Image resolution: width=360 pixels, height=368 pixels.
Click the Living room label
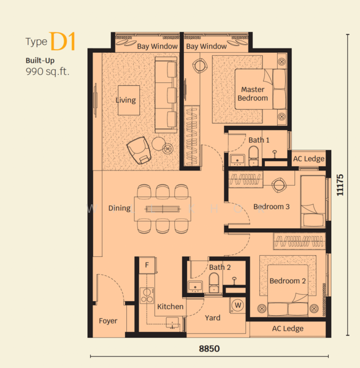pos(126,101)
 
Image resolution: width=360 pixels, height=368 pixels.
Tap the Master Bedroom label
pos(253,94)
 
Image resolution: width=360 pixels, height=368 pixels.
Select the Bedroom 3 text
pos(271,207)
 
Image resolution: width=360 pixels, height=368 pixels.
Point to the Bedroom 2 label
pos(287,282)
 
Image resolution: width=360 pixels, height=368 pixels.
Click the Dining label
pos(120,208)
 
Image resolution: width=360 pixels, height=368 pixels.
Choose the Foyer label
pos(108,321)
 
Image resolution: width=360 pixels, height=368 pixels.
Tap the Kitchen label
pos(170,307)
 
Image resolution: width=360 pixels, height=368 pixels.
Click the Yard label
pos(213,318)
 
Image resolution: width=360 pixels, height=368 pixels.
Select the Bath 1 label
pos(259,140)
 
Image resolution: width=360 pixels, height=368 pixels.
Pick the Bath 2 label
pos(220,267)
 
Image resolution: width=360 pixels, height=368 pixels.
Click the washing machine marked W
pos(237,305)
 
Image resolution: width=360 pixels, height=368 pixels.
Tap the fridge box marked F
pos(147,266)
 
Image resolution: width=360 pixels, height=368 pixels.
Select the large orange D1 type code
pos(63,42)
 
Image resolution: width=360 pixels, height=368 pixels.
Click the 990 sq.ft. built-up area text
pos(47,72)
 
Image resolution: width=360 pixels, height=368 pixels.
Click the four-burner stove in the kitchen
pos(147,296)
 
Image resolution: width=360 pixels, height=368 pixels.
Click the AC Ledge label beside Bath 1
pos(308,159)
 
